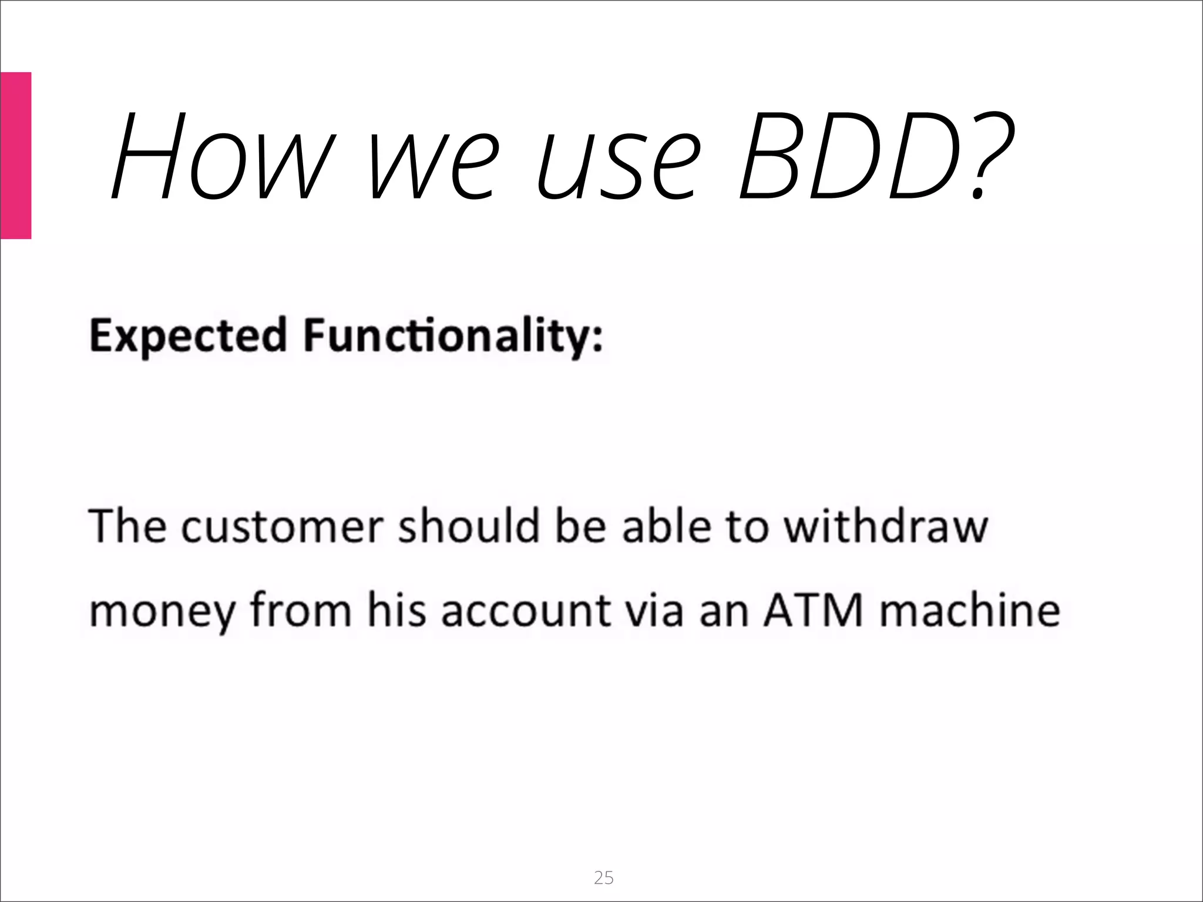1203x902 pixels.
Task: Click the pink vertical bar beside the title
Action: [x=15, y=155]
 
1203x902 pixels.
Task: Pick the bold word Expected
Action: [x=188, y=336]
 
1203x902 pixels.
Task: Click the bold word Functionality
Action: [x=446, y=336]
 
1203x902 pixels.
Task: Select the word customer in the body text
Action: [x=282, y=526]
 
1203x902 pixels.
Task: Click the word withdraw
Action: [x=887, y=526]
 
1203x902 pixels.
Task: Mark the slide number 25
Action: [x=603, y=877]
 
